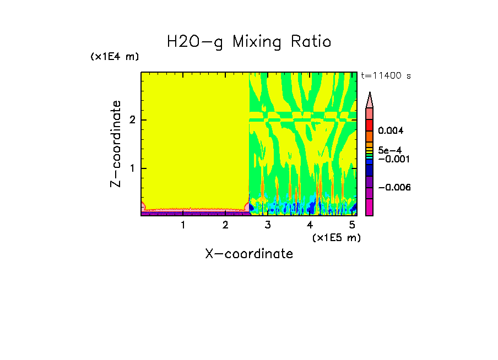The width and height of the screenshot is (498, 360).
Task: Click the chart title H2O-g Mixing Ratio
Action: coord(249,42)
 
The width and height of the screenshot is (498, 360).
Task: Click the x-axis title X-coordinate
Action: coord(249,254)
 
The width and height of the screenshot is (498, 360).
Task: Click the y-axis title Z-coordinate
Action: coord(116,144)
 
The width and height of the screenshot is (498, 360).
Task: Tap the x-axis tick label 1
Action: coord(183,225)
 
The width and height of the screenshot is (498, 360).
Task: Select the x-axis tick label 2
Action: coord(225,225)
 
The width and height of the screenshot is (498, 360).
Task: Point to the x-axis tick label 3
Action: coord(268,225)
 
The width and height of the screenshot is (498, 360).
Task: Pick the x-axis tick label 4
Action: coord(310,225)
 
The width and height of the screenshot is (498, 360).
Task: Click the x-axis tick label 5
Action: coord(352,225)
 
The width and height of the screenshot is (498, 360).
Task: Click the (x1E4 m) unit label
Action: coord(115,57)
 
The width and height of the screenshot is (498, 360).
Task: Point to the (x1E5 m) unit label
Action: coord(336,237)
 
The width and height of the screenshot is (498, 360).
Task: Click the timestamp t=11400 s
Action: coord(386,76)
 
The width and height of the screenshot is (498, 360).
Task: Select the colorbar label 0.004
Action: coord(391,131)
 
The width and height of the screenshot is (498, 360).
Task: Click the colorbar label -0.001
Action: coord(393,159)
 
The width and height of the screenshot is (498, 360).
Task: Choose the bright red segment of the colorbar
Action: coord(370,125)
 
